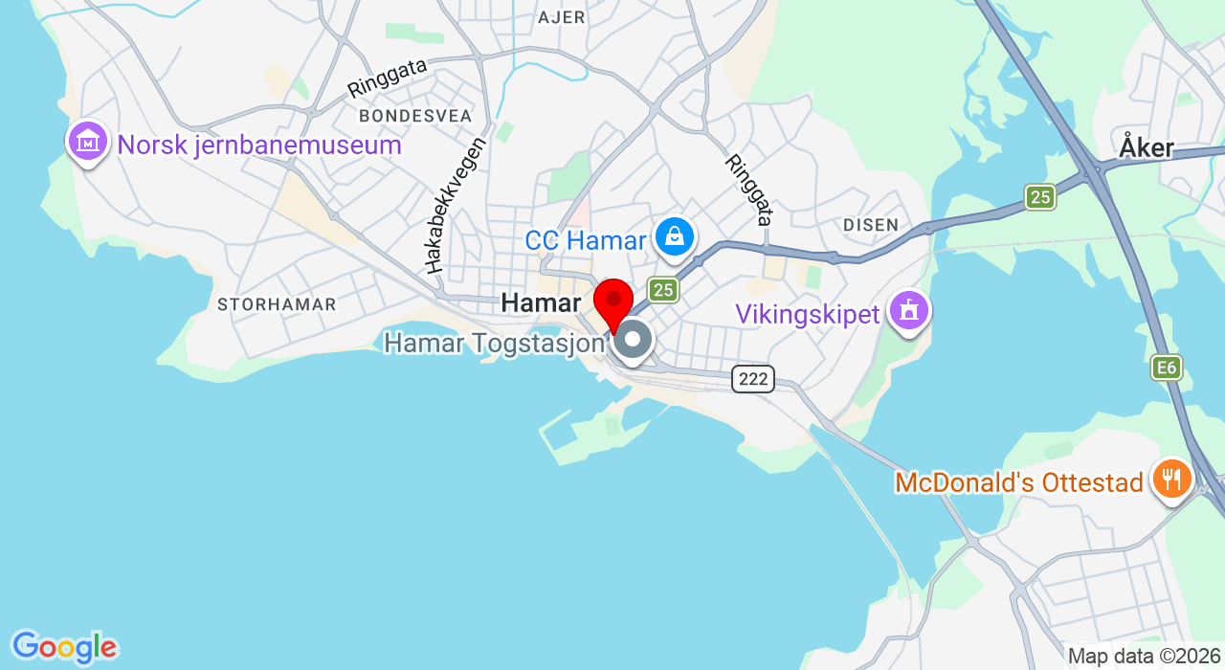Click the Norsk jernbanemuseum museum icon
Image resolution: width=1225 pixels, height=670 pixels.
click(87, 142)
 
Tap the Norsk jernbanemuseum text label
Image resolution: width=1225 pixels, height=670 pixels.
click(259, 145)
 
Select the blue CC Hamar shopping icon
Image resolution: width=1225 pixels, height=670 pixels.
click(675, 235)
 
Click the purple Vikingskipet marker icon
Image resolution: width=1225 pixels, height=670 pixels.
click(908, 310)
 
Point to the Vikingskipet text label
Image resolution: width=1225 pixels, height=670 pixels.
click(807, 314)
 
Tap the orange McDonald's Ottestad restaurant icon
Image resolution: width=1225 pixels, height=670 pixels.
click(1171, 477)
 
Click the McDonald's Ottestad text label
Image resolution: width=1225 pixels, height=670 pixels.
click(1019, 482)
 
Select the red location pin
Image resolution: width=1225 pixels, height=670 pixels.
click(613, 301)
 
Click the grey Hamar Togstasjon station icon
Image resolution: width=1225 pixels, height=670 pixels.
click(633, 340)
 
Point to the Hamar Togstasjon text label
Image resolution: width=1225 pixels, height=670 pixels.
click(495, 343)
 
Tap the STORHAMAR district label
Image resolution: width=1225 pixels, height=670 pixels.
click(277, 305)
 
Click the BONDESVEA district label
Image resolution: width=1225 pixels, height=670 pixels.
click(415, 116)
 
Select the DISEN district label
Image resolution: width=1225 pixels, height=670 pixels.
click(871, 225)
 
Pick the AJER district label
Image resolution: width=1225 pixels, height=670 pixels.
click(562, 17)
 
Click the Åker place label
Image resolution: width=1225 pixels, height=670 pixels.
click(1146, 148)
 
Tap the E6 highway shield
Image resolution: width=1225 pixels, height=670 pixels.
click(1167, 368)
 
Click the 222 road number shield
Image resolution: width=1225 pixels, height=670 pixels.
click(753, 379)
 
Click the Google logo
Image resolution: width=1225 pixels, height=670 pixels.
click(64, 647)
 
